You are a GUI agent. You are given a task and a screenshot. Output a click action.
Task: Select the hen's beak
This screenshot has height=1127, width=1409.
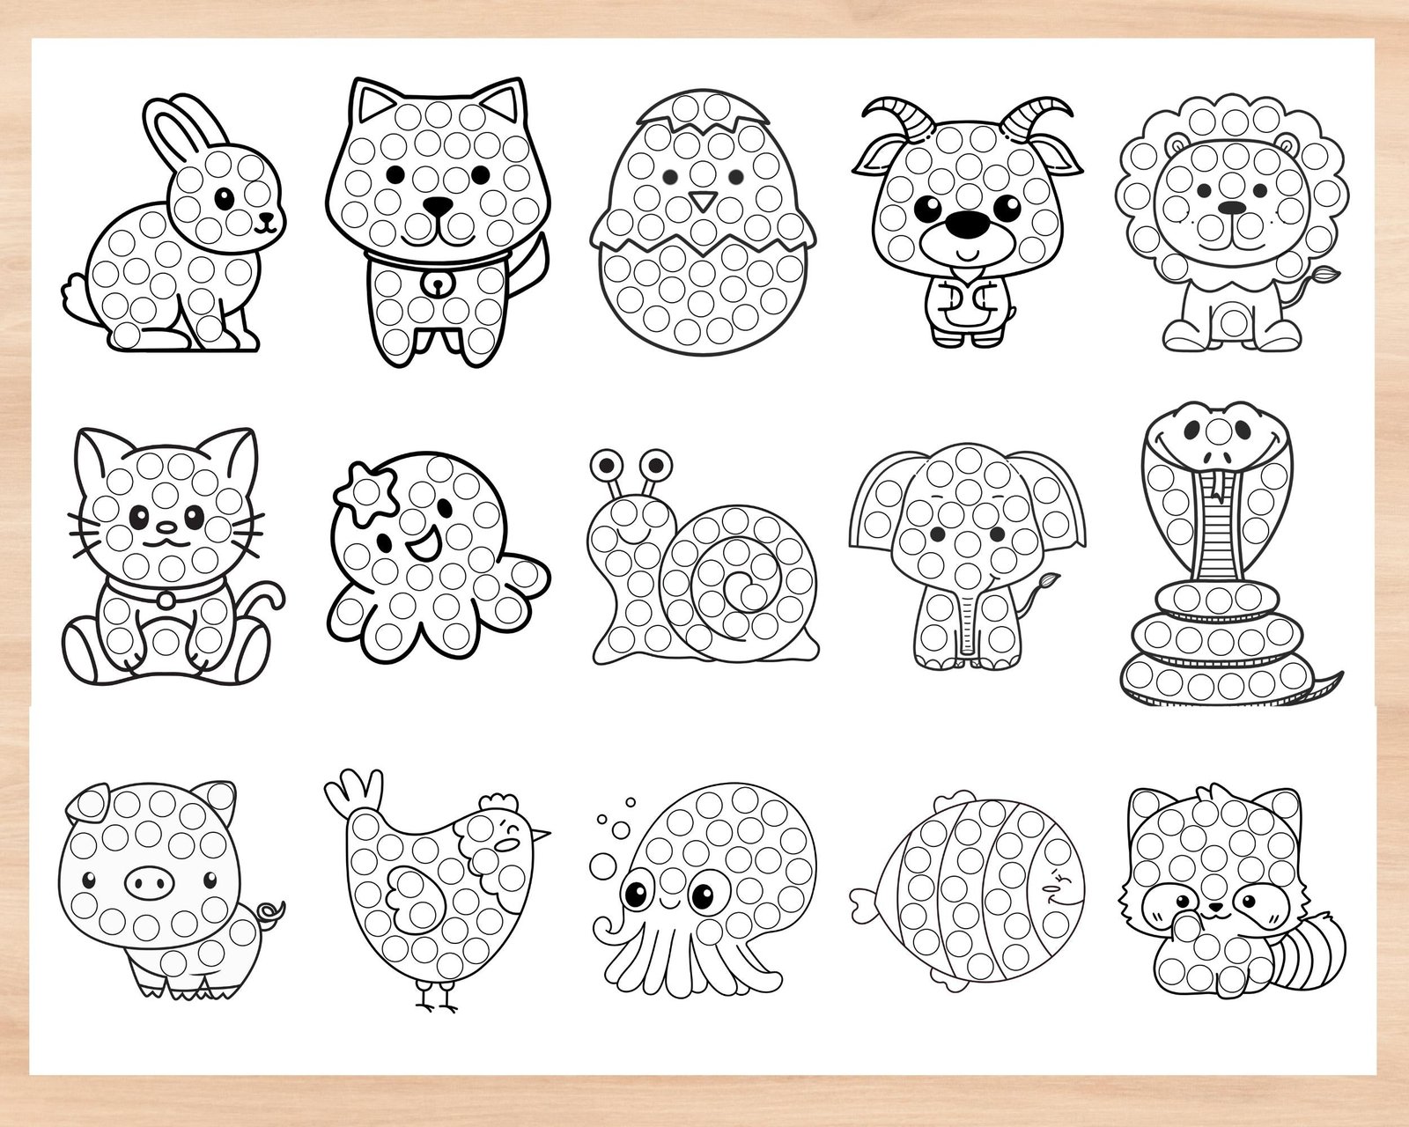[x=542, y=832]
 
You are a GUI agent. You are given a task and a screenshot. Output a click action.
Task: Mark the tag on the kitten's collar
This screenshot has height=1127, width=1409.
[x=164, y=600]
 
